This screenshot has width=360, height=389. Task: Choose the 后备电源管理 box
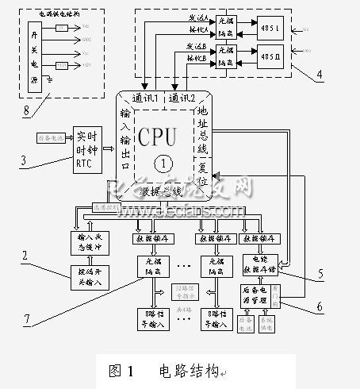252,295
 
